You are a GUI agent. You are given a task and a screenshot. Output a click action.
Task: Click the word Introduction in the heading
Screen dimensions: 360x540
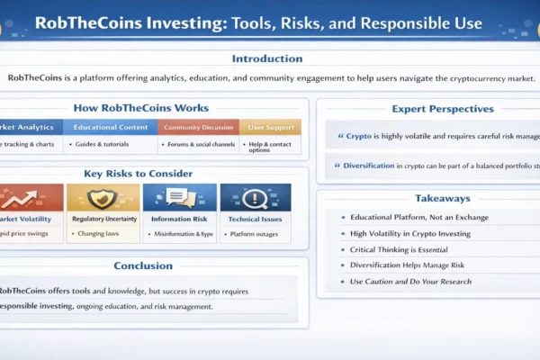267,59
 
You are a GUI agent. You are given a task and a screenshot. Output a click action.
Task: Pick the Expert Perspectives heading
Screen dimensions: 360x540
430,109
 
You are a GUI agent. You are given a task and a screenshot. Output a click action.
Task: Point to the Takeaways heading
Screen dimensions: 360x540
430,198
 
